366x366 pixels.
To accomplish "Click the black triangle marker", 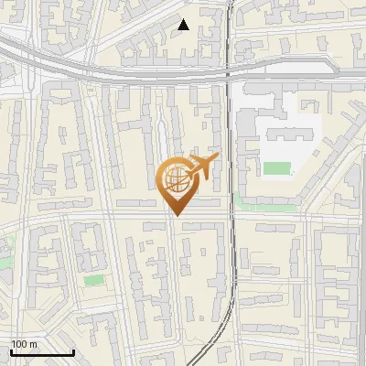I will [x=184, y=25].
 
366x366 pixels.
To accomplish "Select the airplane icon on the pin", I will [x=203, y=167].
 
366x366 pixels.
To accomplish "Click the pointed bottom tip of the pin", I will [x=177, y=215].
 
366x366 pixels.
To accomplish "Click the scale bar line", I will [x=42, y=352].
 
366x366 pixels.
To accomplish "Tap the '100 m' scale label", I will [x=25, y=344].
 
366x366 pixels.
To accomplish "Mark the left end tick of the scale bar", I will [x=11, y=350].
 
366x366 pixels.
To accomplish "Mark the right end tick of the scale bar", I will [x=73, y=350].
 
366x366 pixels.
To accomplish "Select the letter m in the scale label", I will [x=33, y=344].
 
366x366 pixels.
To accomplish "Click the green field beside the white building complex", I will [x=276, y=168].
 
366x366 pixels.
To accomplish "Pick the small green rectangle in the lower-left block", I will [x=93, y=280].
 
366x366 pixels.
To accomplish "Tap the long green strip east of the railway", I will [x=266, y=206].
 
